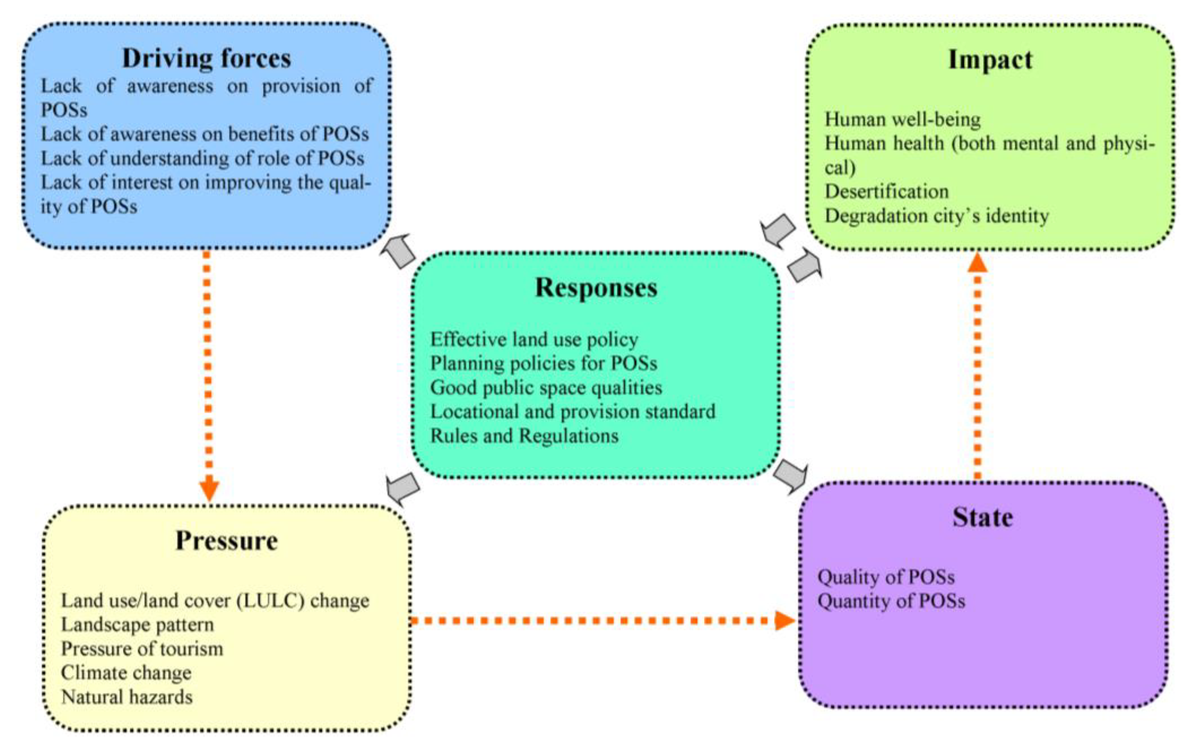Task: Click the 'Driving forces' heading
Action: (206, 58)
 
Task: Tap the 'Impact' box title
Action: (990, 60)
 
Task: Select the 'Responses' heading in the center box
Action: (596, 287)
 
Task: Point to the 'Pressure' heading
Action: (227, 540)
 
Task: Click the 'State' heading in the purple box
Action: (982, 517)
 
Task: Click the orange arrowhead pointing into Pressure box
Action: (209, 489)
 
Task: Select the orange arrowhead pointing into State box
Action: (784, 620)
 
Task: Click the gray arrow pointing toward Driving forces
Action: (399, 250)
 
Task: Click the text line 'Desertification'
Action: (887, 191)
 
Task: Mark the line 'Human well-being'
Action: (903, 119)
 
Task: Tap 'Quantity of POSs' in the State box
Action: (891, 601)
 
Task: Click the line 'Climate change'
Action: (126, 673)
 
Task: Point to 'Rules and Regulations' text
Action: (524, 436)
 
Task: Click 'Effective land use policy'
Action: (534, 339)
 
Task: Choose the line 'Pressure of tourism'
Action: (142, 649)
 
